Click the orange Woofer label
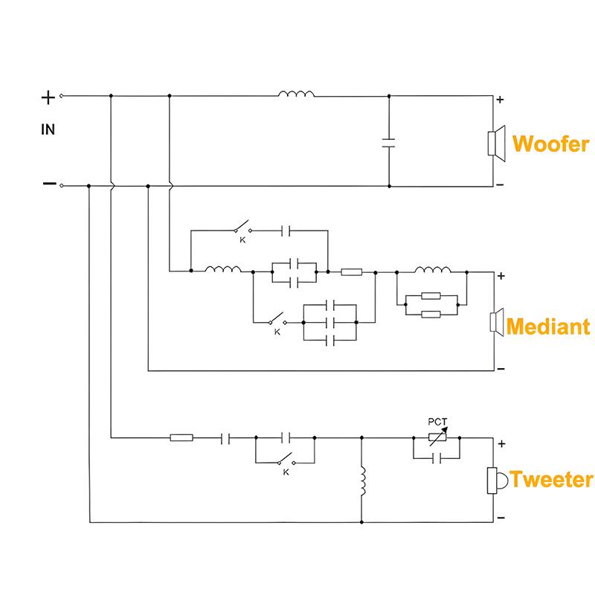tap(550, 144)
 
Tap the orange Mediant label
tap(548, 327)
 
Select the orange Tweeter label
tap(551, 479)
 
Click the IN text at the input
tap(48, 129)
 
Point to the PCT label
tap(437, 422)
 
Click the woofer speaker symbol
tap(496, 144)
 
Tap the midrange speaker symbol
tap(497, 322)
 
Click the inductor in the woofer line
tap(296, 94)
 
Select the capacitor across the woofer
tap(388, 143)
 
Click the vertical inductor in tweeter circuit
tap(362, 480)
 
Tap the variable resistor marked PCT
tap(437, 437)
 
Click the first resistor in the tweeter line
tap(181, 437)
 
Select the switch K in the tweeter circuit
tap(286, 460)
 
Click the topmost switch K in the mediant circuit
tap(243, 227)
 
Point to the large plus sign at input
tap(48, 98)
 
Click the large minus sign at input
tap(49, 184)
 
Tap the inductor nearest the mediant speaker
tap(433, 270)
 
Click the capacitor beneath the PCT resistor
tap(437, 458)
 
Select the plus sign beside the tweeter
tap(501, 443)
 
